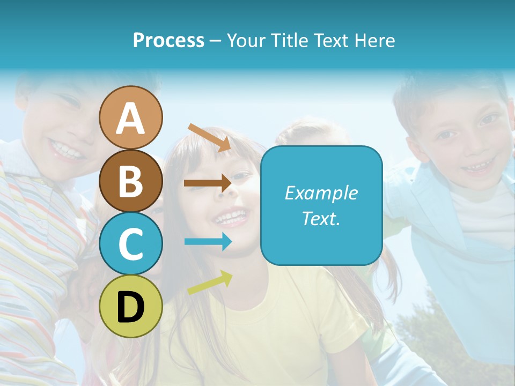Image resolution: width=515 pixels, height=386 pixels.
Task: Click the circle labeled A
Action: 130,117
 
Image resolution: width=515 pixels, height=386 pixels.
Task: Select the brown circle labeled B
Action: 130,181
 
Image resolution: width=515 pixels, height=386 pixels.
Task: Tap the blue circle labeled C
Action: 130,243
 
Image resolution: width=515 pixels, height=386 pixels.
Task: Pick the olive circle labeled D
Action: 130,306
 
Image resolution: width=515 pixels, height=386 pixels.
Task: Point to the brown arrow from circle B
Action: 208,183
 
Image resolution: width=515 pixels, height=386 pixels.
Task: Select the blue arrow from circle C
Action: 208,242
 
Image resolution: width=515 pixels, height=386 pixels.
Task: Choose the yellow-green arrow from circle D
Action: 210,283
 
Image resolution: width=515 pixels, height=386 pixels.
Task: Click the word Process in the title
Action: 168,41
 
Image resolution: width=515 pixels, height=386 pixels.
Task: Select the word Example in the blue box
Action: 321,193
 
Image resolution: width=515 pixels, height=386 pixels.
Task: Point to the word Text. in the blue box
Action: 321,219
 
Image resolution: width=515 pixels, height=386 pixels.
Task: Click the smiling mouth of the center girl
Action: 232,217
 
